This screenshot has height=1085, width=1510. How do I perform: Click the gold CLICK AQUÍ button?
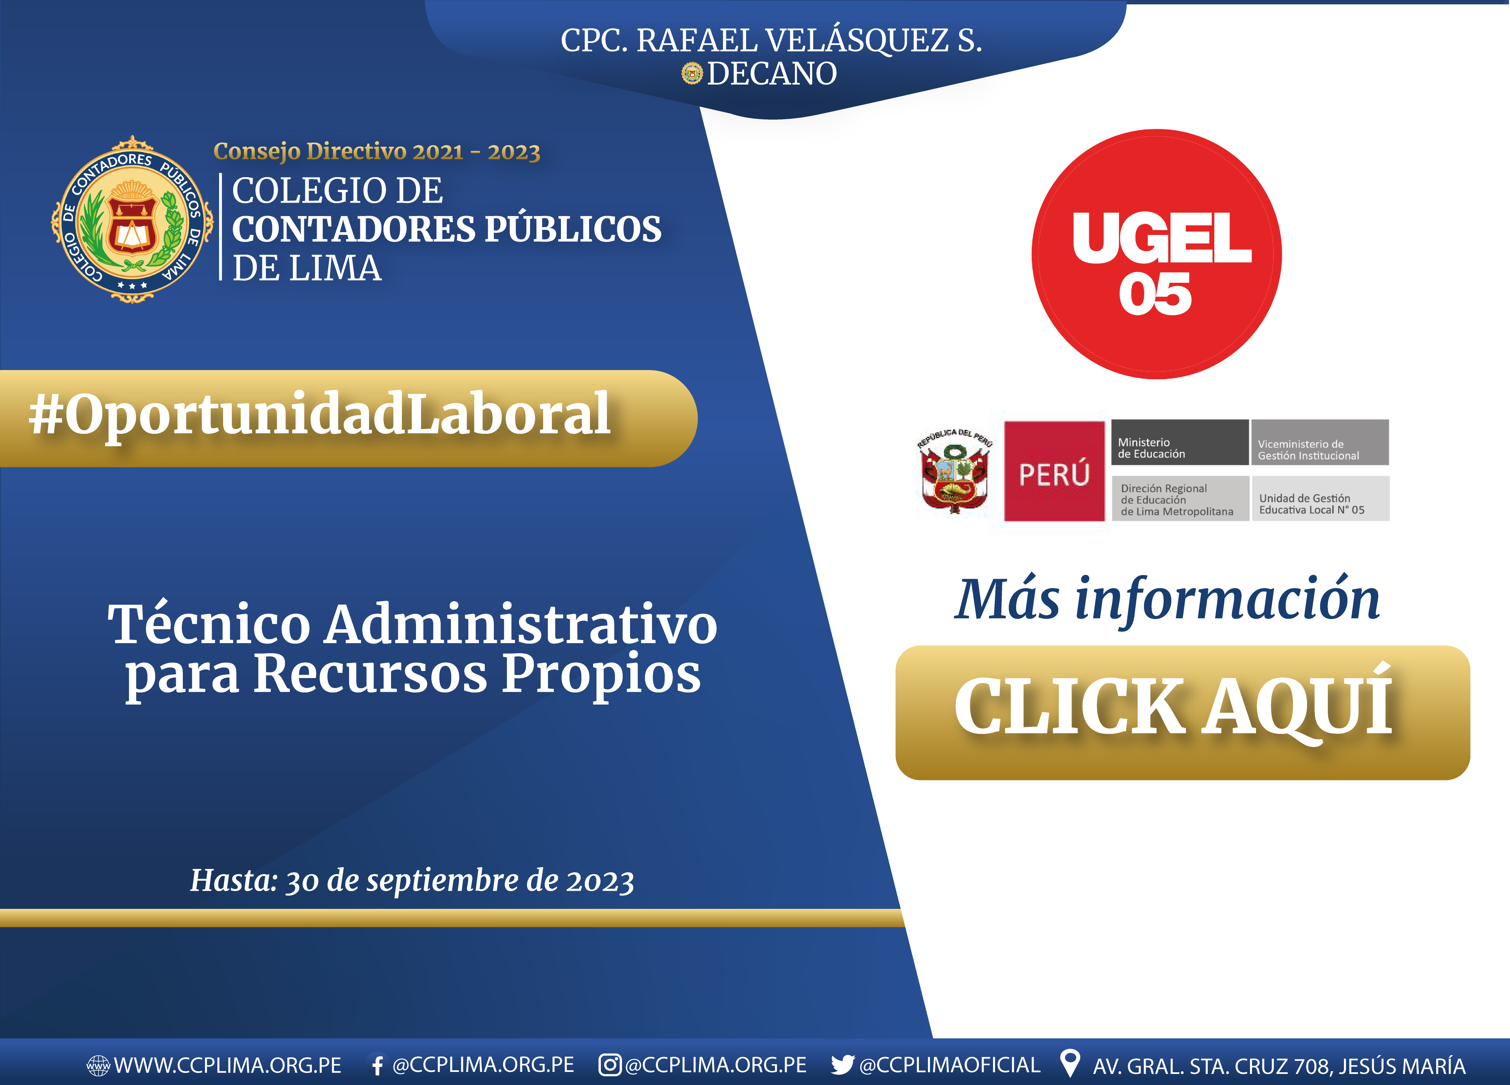(1183, 712)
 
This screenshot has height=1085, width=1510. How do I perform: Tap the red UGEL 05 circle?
(1156, 254)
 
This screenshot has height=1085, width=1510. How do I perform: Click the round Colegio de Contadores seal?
(133, 219)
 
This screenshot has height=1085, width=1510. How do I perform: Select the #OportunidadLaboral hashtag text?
(320, 414)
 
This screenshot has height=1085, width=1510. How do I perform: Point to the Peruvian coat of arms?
(955, 471)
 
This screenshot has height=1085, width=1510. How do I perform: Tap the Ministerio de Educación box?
(1180, 442)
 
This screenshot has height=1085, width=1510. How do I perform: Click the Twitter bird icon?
(842, 1065)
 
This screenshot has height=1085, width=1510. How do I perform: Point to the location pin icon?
(1069, 1063)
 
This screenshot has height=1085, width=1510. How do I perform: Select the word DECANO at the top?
(772, 73)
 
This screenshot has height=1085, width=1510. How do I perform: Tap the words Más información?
(1166, 599)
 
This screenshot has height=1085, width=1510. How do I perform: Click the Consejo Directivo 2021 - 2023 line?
(377, 152)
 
